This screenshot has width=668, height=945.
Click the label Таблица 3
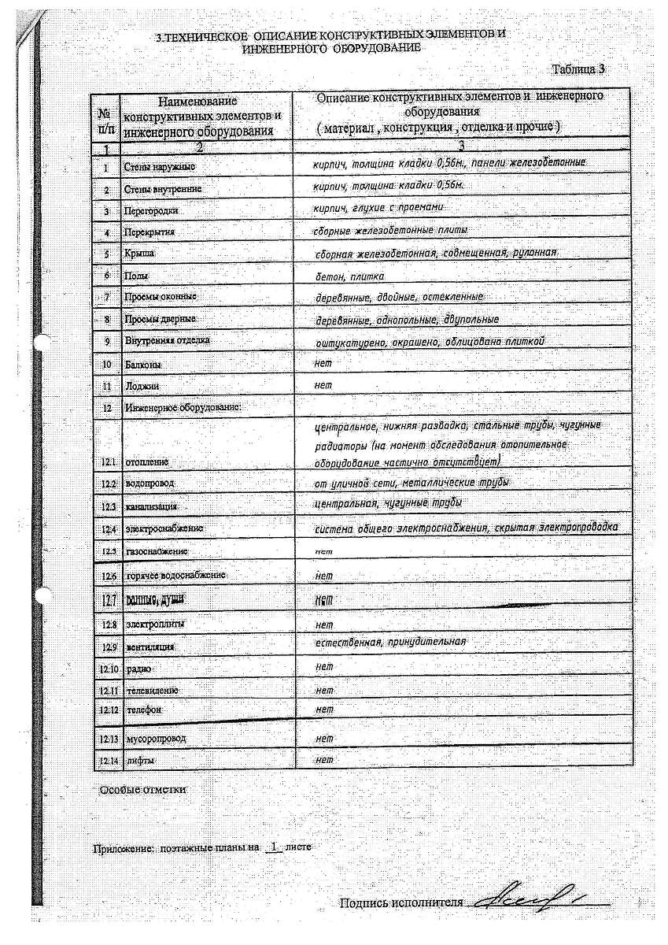click(x=578, y=69)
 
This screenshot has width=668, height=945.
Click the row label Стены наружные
click(x=160, y=168)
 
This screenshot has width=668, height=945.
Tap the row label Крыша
click(x=139, y=254)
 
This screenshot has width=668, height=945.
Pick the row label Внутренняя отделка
click(x=167, y=341)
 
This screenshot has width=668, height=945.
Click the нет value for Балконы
click(x=323, y=363)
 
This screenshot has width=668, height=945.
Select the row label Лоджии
click(x=142, y=387)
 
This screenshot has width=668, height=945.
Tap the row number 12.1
click(x=109, y=461)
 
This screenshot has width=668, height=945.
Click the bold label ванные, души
click(x=154, y=600)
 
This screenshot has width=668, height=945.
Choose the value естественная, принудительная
click(x=389, y=643)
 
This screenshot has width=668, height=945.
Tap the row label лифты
click(x=140, y=761)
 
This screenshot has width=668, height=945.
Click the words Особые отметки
click(x=142, y=790)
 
